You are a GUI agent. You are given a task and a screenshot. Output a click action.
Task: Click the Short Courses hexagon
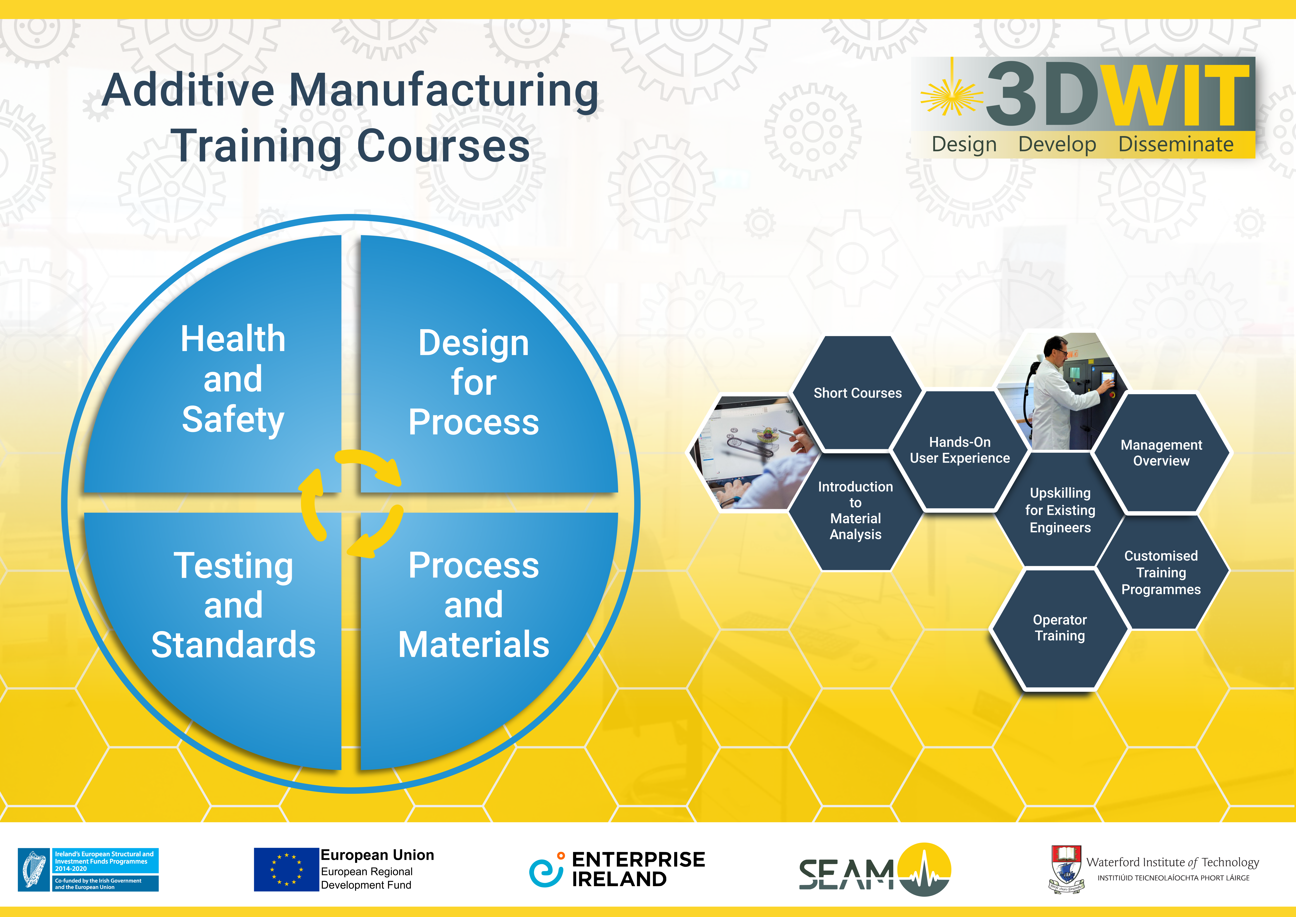pos(857,393)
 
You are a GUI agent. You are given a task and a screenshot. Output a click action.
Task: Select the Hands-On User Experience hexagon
pos(960,450)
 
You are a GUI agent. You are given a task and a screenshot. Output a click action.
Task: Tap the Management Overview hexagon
pos(1161,453)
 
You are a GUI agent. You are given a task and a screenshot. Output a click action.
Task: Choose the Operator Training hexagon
pos(1060,628)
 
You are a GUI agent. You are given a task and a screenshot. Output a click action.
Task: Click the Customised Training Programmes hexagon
pos(1161,572)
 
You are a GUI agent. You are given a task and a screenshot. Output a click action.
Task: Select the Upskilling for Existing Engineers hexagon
pos(1060,510)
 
